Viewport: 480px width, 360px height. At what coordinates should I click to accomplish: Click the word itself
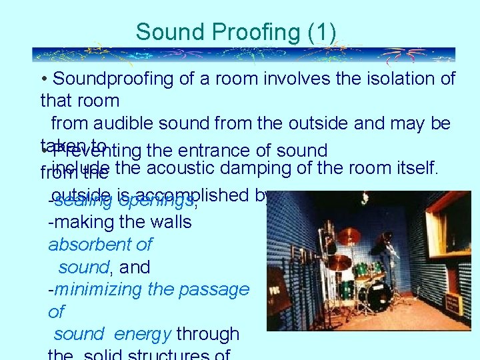tap(413, 168)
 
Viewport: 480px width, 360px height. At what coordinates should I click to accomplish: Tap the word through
tap(209, 334)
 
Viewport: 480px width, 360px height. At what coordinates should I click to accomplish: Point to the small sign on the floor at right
tap(454, 303)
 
